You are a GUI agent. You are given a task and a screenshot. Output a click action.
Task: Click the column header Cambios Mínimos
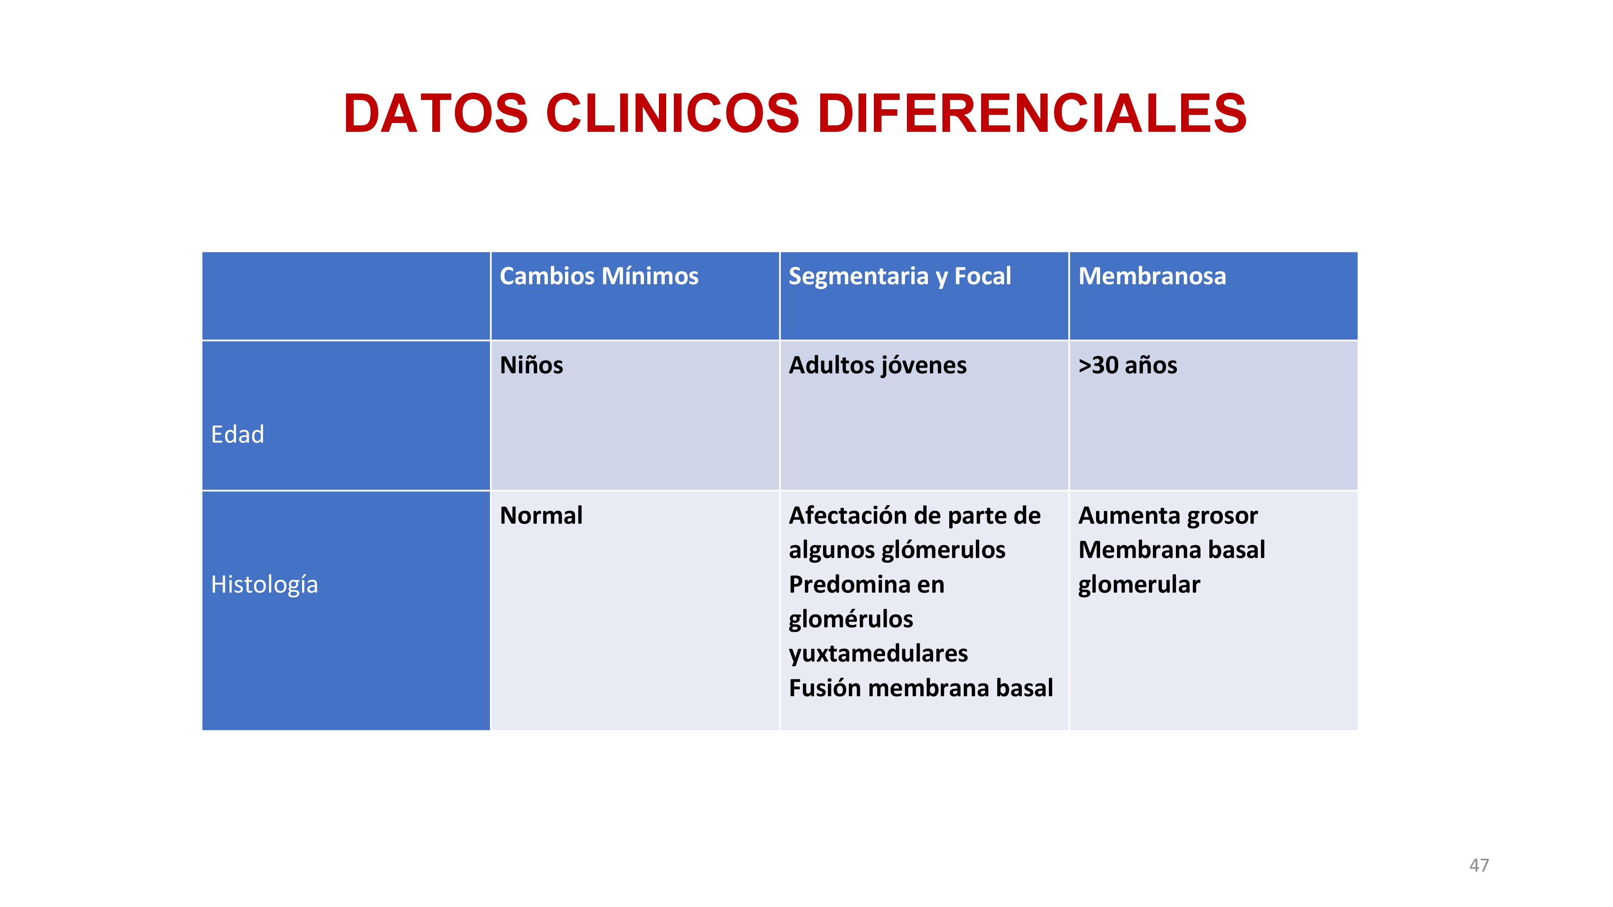(598, 276)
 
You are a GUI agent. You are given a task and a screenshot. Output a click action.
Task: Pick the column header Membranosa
(1152, 276)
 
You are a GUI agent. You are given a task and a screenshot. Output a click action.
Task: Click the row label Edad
(238, 434)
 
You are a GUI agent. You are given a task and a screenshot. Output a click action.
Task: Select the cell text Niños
(531, 365)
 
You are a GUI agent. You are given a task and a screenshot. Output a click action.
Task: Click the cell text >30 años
(1127, 365)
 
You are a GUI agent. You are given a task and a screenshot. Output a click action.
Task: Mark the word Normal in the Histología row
(541, 515)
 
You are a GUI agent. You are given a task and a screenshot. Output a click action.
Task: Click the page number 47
(1479, 865)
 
